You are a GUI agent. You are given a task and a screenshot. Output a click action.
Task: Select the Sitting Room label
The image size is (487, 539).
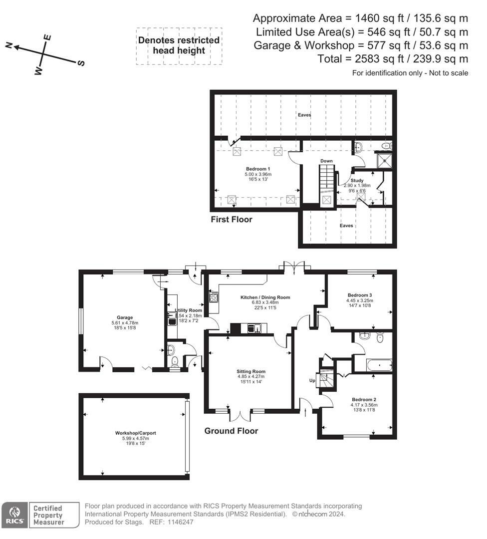251,371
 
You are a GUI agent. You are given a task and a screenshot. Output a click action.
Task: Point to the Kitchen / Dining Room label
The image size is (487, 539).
265,297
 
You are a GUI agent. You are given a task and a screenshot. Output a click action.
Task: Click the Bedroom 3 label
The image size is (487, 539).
359,295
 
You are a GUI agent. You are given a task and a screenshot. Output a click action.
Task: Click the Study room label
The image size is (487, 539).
357,180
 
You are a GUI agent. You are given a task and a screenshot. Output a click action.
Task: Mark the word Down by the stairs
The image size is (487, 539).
326,161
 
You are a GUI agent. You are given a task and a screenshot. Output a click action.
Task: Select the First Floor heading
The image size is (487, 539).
231,219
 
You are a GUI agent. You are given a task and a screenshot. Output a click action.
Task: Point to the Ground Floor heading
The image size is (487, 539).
231,431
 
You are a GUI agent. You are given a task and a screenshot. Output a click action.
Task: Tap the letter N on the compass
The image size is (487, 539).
9,45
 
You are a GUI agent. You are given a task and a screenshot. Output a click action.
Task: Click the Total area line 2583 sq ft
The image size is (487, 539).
393,59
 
